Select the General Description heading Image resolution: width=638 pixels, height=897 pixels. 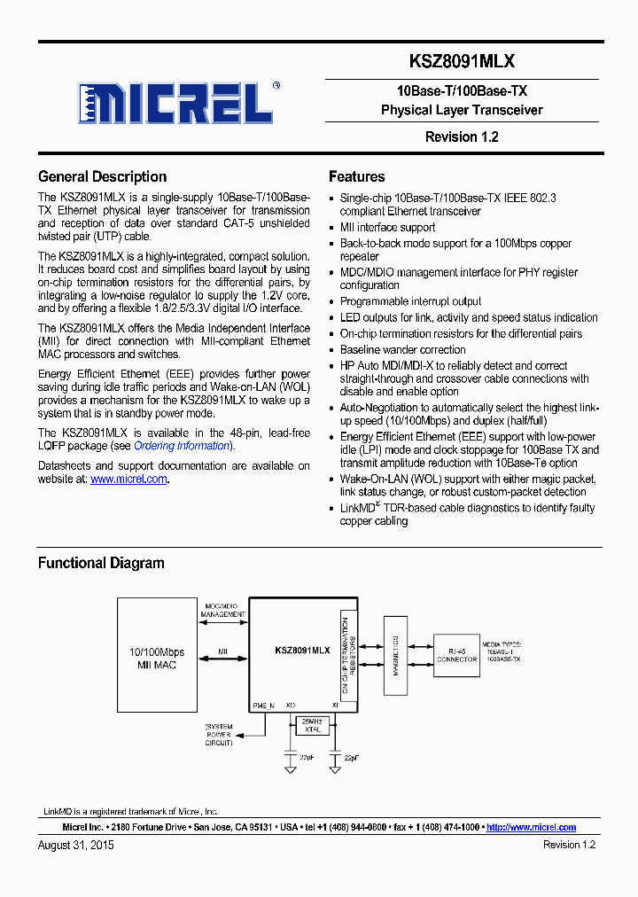pos(102,176)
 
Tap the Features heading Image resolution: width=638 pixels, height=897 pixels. pos(356,176)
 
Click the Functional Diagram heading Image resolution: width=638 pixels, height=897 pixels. pos(101,563)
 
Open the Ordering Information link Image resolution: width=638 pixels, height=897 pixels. pos(182,446)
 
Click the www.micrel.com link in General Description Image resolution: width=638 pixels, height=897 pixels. pos(128,479)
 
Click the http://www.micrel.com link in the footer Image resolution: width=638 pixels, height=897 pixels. pos(531,827)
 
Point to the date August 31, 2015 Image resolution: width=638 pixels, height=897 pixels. pos(76,846)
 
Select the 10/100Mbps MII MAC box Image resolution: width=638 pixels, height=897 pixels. pos(158,656)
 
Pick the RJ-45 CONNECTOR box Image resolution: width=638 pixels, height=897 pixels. pos(456,654)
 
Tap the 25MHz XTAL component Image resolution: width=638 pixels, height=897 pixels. pos(312,726)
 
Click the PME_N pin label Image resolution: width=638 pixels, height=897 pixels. pos(263,706)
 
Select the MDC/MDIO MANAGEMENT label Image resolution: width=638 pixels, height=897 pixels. pos(222,609)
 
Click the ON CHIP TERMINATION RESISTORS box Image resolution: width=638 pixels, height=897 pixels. pos(347,654)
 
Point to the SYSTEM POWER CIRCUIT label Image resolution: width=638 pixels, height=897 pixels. pos(219,735)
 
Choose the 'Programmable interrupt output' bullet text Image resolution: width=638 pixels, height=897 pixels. pos(410,301)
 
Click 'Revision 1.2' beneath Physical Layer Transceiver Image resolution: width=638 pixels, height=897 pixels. pos(462,136)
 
